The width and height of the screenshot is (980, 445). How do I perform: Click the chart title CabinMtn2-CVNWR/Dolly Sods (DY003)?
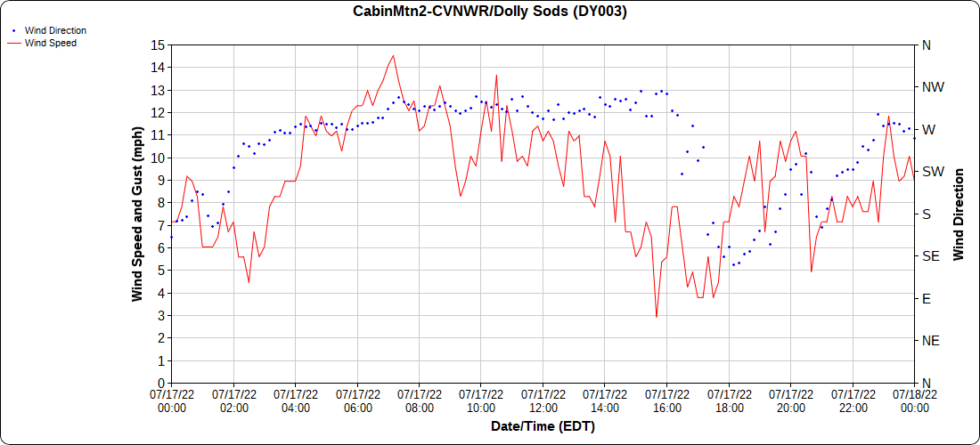point(490,12)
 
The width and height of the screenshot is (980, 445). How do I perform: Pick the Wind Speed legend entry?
point(50,43)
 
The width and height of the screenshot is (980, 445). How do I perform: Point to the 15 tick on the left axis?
point(157,44)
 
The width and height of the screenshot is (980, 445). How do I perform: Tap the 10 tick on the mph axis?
point(157,158)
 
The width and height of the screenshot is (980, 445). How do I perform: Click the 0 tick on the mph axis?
point(159,383)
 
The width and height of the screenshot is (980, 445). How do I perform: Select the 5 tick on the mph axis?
point(159,271)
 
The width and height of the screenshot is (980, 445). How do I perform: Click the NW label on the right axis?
point(932,87)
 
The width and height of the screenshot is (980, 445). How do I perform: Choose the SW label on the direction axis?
point(932,172)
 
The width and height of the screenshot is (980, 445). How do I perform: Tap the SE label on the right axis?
point(930,256)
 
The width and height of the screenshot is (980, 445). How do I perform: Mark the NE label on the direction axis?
point(930,341)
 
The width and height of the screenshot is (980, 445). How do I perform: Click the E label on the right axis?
point(927,298)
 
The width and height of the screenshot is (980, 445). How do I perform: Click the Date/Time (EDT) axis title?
point(543,426)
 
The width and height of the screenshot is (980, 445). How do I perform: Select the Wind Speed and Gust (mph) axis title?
point(137,214)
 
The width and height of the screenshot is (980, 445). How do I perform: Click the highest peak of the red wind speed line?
point(393,55)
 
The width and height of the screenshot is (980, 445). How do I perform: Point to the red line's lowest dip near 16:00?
point(657,317)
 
